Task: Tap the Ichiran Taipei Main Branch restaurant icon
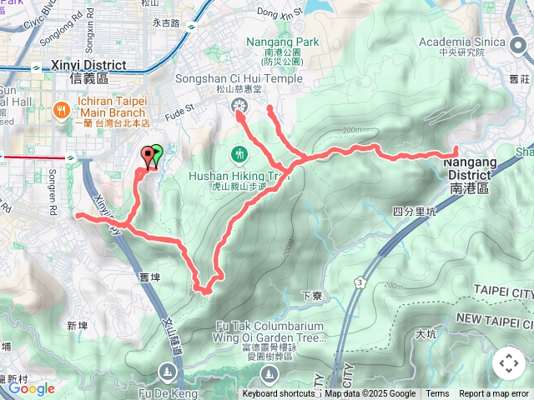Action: pos(61,110)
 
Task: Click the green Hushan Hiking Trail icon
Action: pos(239,153)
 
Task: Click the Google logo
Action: pos(32,388)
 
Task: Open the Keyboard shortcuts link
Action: pos(279,394)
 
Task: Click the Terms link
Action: pos(437,394)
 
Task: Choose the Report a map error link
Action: pos(495,394)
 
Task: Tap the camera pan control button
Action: pos(508,363)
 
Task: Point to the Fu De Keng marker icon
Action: pos(168,371)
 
